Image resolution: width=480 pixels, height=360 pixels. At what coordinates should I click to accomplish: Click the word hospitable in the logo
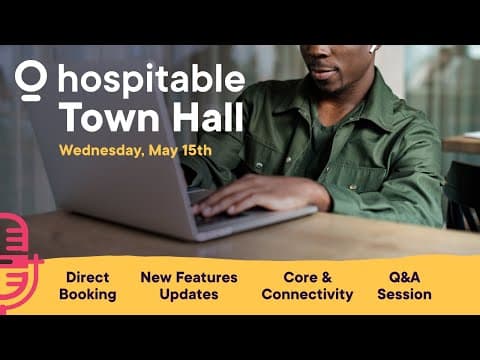coord(151,80)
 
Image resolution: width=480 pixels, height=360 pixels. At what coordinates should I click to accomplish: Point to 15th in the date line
coord(195,151)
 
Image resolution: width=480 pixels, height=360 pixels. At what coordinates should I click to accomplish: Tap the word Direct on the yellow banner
coord(87,277)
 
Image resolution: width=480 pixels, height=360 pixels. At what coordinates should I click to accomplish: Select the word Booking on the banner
coord(87,295)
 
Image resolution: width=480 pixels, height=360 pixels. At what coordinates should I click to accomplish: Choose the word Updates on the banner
coord(190,295)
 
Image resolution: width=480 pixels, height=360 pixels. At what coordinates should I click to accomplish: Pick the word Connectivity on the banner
coord(307,295)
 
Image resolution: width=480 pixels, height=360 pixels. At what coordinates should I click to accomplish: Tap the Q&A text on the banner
coord(405,277)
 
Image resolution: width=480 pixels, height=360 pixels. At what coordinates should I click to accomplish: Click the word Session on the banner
coord(404,295)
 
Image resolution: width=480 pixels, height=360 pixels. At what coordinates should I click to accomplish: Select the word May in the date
coord(162,151)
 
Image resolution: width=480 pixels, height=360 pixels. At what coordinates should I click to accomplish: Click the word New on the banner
coord(157,277)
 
